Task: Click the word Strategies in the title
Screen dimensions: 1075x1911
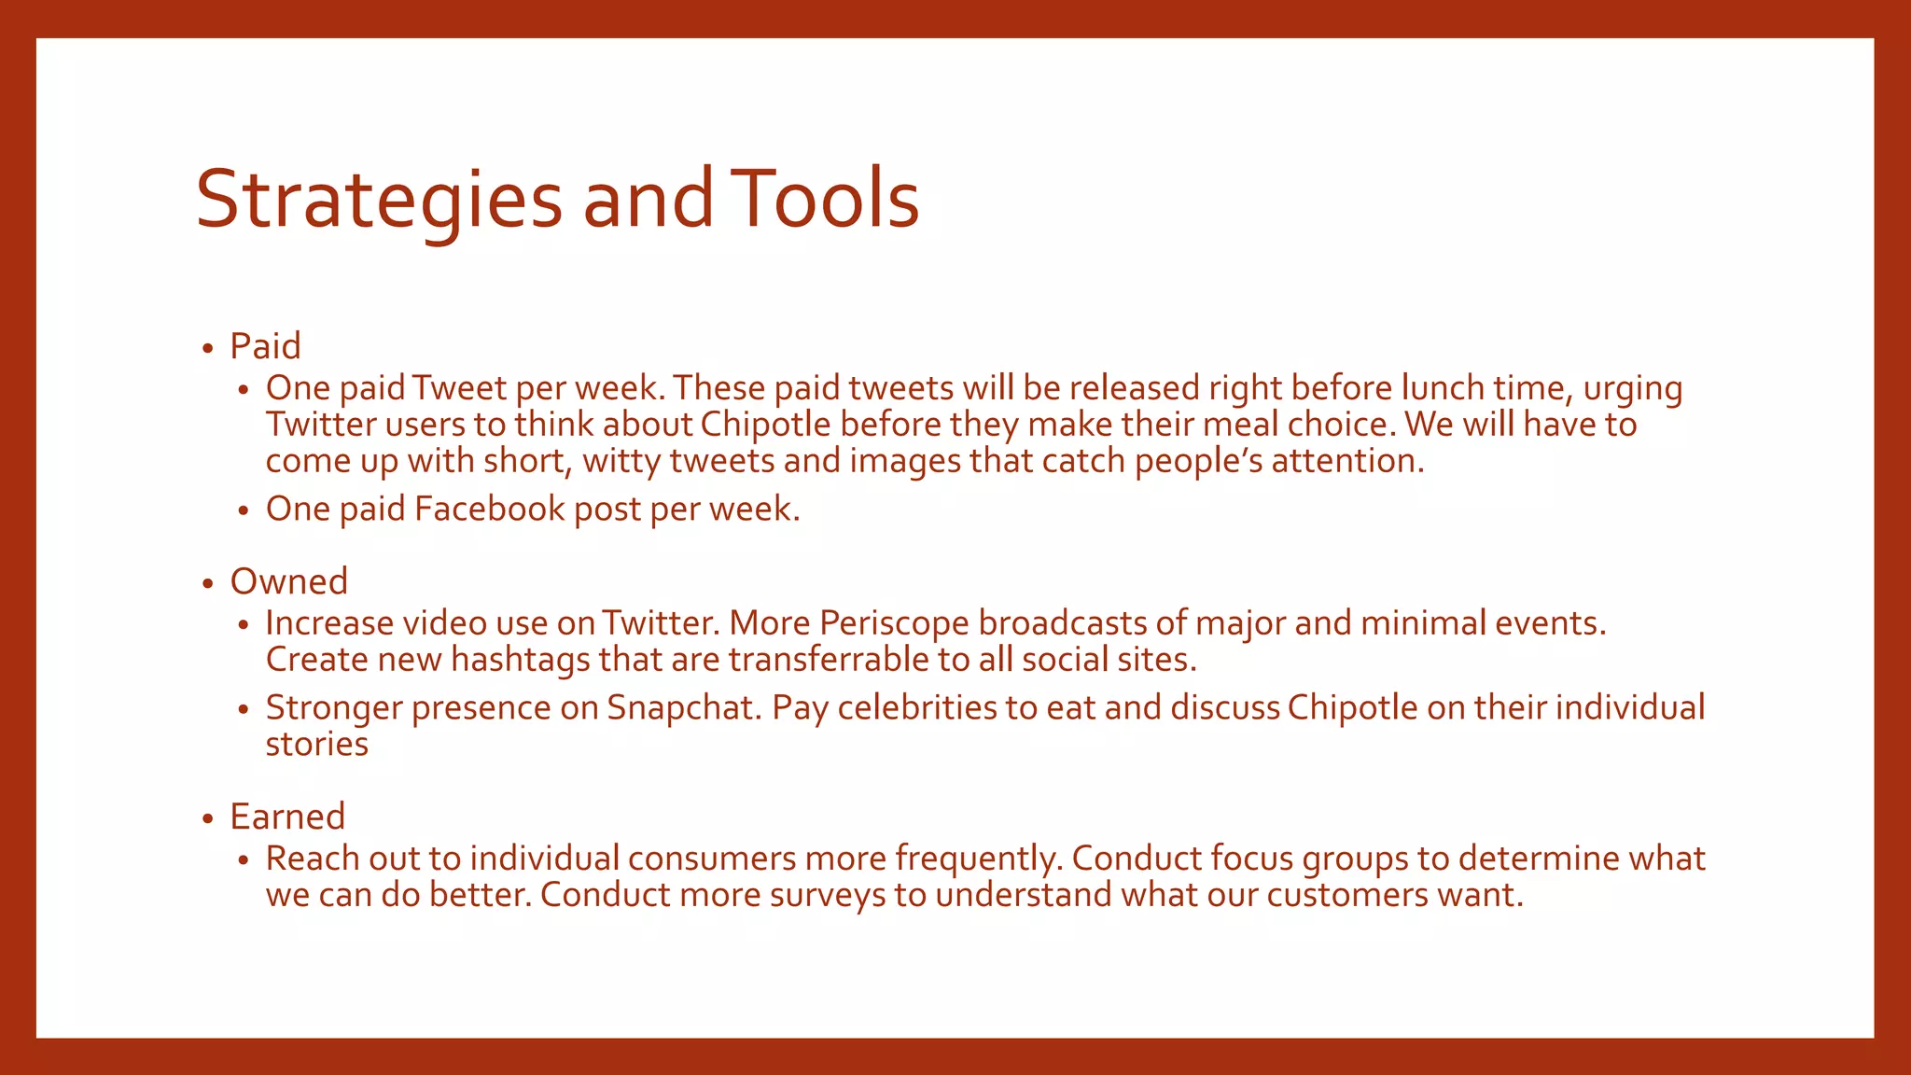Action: coord(379,200)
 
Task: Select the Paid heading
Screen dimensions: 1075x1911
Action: coord(265,346)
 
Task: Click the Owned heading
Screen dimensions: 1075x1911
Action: coord(288,581)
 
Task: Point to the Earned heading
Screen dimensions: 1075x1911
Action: coord(287,817)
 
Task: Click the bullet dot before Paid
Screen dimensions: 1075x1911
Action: coord(207,349)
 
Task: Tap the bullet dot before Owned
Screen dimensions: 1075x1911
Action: coord(207,584)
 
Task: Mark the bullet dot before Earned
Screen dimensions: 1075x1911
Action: coord(207,819)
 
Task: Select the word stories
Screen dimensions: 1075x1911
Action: coord(316,744)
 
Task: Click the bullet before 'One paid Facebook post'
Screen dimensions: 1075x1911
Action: coord(243,511)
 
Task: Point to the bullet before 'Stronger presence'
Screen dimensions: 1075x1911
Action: coord(243,710)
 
